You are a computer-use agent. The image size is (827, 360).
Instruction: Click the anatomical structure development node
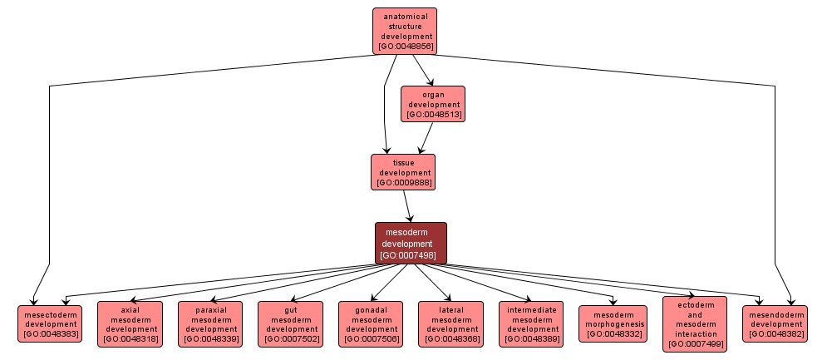(405, 31)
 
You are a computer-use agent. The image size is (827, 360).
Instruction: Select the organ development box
(432, 104)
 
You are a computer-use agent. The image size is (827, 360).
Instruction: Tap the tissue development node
(403, 171)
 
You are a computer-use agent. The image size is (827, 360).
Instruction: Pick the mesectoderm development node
(50, 323)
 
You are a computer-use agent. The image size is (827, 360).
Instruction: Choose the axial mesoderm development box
(130, 323)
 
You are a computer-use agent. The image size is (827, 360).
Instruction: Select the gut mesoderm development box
(289, 323)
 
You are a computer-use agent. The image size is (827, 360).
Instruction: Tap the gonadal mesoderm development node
(371, 323)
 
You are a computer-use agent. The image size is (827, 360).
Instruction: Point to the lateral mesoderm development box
(451, 323)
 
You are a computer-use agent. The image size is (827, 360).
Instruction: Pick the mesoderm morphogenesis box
(613, 323)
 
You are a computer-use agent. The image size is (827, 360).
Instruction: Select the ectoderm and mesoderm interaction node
(695, 323)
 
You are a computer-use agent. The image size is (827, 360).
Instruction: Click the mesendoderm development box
(774, 323)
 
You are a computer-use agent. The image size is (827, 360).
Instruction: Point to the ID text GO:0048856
(405, 47)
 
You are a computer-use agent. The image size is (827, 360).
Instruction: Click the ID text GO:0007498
(411, 255)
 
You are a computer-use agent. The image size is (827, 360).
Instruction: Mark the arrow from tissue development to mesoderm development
(406, 205)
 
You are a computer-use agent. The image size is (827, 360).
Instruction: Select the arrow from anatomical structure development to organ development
(423, 71)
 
